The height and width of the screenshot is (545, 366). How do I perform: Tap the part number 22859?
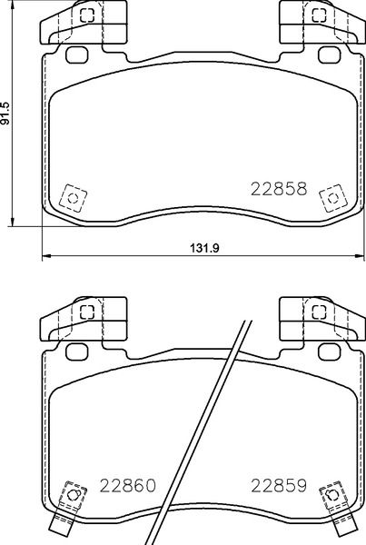[280, 486]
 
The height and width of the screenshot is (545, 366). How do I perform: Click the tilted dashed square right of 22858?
[332, 196]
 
